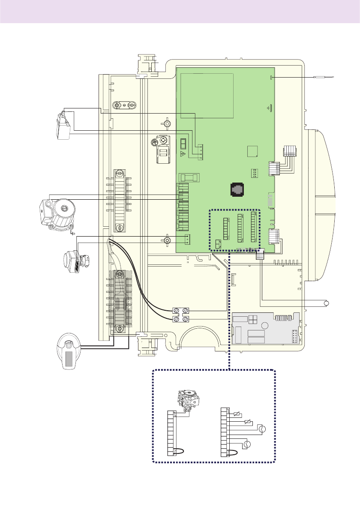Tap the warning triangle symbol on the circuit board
(183, 153)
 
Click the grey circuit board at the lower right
(266, 328)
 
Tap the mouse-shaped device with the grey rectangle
(69, 351)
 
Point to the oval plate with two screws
(124, 105)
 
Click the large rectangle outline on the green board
(207, 95)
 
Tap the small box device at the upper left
(63, 125)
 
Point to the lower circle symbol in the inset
(247, 445)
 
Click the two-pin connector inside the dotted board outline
(218, 244)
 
